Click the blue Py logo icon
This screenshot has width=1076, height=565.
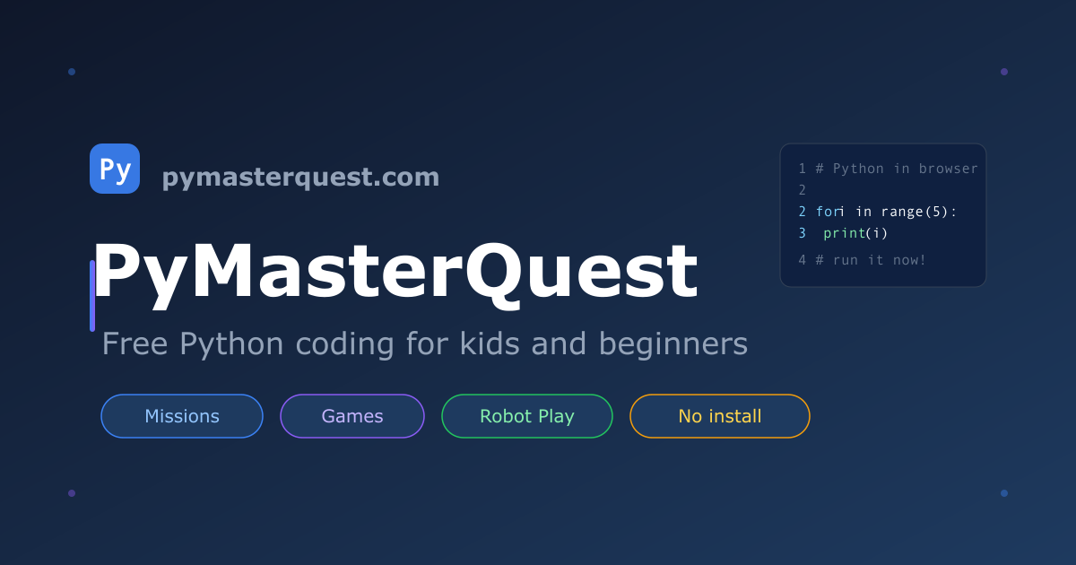point(115,169)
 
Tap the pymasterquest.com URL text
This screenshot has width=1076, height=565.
point(300,178)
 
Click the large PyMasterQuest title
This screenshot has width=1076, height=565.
point(395,272)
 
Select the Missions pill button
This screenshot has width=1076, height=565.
point(182,416)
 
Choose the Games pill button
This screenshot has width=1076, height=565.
point(352,416)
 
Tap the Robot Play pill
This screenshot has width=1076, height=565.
point(527,416)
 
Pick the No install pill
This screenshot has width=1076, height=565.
point(720,416)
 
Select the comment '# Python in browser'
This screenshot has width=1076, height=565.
point(897,169)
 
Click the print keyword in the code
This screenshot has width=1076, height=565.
point(845,233)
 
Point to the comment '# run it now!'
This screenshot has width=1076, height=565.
point(871,260)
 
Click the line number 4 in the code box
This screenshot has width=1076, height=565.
point(802,260)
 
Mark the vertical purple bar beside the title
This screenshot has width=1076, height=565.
point(92,296)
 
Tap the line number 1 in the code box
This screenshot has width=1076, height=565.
point(802,169)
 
